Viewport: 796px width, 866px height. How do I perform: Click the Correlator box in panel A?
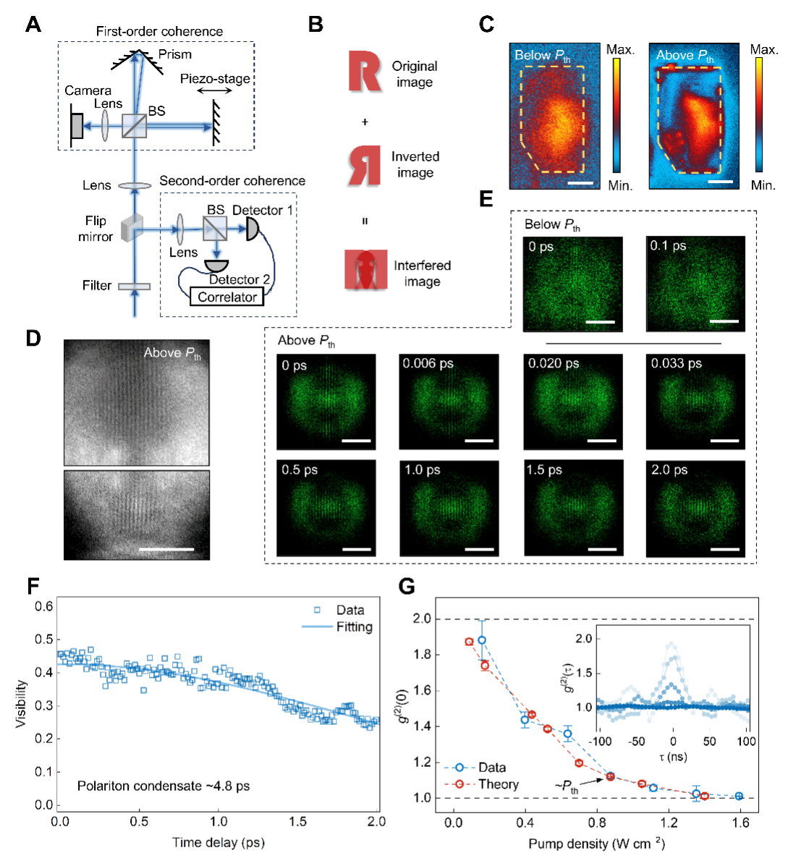tap(226, 297)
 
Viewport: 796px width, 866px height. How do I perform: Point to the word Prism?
tap(175, 54)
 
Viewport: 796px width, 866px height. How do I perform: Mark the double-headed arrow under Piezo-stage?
tap(215, 91)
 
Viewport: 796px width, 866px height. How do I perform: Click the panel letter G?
tap(407, 586)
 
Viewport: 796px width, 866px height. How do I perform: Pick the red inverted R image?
tap(364, 165)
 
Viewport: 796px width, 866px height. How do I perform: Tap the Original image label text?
tap(415, 74)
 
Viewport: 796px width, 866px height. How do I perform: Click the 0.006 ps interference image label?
tap(428, 363)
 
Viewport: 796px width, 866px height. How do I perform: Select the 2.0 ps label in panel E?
tap(669, 470)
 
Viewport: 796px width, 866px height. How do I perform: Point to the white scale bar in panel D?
tap(166, 550)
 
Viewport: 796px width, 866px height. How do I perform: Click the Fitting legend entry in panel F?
tap(354, 627)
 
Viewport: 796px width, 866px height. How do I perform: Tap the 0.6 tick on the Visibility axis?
tap(44, 606)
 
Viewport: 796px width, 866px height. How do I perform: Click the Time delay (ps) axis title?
tap(218, 842)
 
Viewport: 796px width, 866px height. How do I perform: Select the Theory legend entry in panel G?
tap(498, 784)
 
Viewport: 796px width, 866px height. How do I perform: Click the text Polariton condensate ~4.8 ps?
tap(164, 786)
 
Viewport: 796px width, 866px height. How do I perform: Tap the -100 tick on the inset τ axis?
tap(600, 742)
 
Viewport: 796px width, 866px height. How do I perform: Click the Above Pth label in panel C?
tap(685, 56)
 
